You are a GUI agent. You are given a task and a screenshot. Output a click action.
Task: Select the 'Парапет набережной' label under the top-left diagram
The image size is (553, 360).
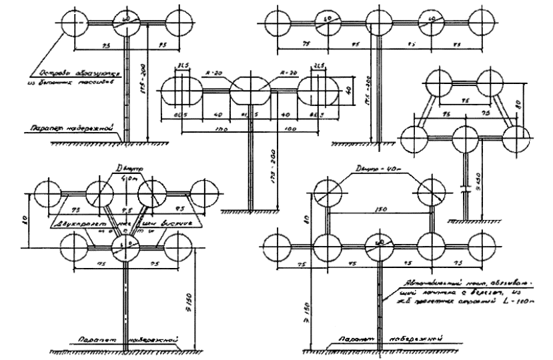[69, 127]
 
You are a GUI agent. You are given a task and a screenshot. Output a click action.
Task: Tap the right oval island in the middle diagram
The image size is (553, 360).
[316, 91]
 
